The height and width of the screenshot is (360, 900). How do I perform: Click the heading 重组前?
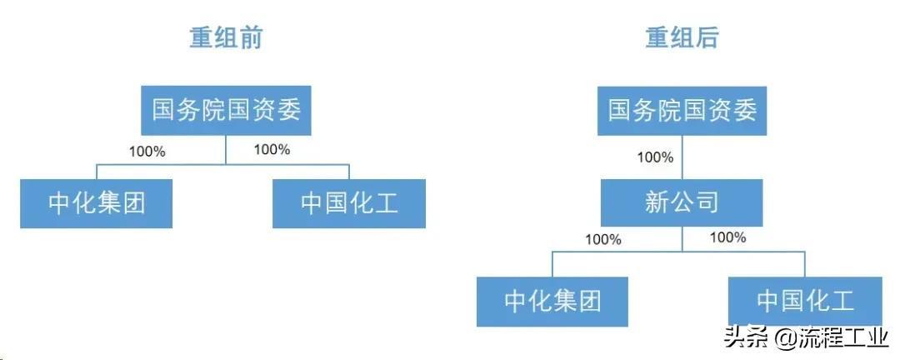(226, 37)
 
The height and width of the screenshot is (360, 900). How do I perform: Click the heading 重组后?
(682, 37)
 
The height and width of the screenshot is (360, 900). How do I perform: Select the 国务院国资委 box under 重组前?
(226, 110)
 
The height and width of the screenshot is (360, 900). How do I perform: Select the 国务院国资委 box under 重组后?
(682, 110)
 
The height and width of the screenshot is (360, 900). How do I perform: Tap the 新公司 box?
(682, 202)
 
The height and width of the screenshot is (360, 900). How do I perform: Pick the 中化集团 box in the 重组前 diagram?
(97, 203)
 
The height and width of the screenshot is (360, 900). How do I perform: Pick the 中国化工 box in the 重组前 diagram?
(349, 203)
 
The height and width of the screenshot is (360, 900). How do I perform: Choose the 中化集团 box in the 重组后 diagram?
(552, 302)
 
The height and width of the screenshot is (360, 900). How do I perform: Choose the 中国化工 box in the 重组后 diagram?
(805, 302)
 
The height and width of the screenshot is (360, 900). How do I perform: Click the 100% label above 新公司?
(655, 157)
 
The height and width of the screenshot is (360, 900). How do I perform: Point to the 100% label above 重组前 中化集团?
(147, 152)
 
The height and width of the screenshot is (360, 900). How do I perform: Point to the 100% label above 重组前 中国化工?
(272, 149)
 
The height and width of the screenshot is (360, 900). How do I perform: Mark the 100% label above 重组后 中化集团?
(603, 239)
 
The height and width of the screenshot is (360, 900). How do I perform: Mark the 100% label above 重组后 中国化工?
(727, 237)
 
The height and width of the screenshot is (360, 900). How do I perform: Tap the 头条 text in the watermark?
(746, 337)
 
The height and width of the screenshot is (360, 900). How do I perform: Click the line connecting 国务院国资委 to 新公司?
(682, 157)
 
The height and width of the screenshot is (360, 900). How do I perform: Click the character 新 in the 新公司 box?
(657, 202)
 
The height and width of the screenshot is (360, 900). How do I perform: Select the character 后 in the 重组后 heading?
(707, 37)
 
